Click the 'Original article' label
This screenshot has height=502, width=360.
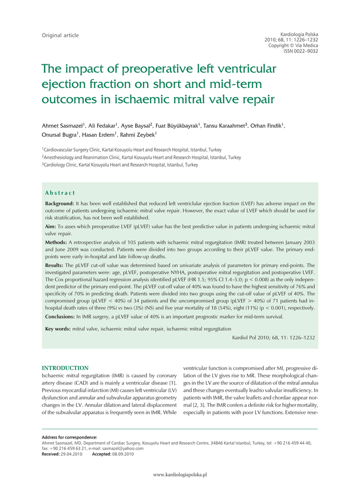point(60,35)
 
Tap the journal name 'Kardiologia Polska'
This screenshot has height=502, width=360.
point(299,33)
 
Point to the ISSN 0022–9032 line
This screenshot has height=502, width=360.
point(301,51)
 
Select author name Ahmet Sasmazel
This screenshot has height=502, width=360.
point(63,126)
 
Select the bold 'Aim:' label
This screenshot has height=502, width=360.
point(51,227)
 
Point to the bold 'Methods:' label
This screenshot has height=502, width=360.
point(56,242)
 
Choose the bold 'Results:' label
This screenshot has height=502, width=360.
point(54,265)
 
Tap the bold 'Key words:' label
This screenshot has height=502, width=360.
point(58,329)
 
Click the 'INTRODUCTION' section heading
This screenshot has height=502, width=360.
point(65,368)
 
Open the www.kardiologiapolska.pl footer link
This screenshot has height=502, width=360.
point(180,475)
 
